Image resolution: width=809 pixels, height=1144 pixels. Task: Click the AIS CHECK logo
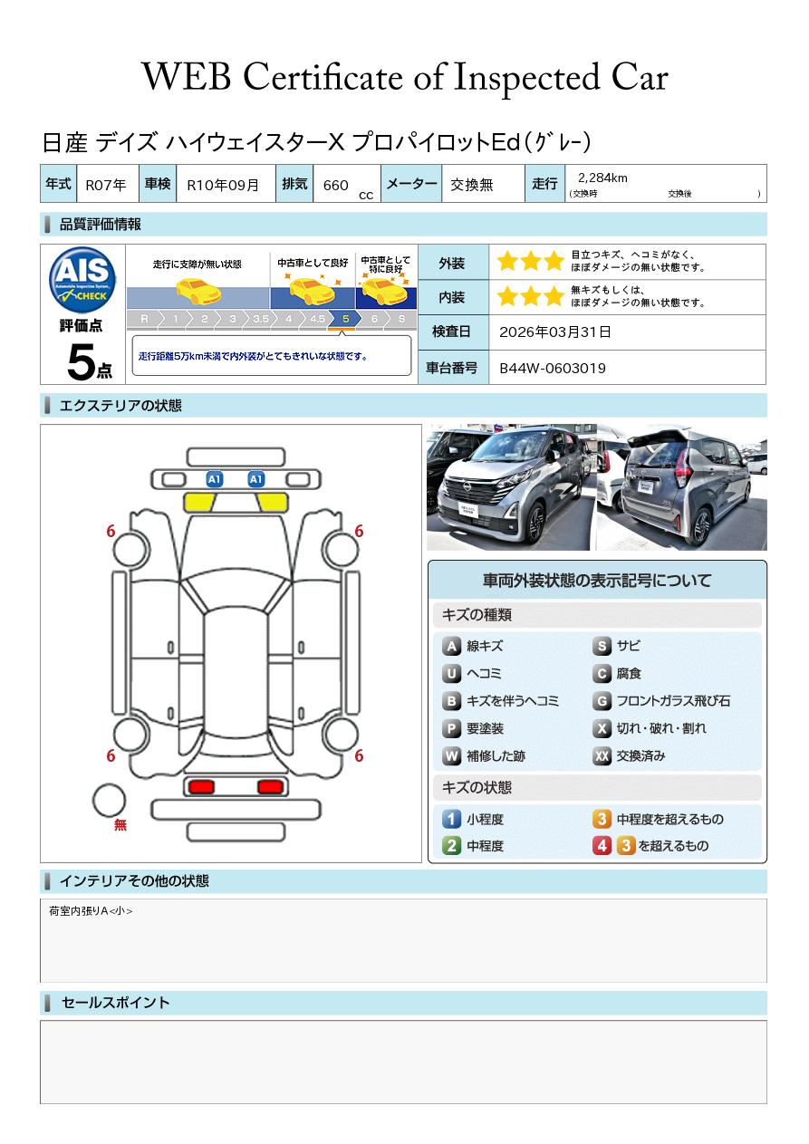[82, 280]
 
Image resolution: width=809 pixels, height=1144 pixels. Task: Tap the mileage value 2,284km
[602, 178]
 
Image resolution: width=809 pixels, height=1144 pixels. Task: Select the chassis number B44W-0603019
[552, 369]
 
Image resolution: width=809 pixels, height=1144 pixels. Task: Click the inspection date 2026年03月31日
[554, 332]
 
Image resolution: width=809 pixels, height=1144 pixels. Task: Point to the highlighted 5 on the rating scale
[346, 319]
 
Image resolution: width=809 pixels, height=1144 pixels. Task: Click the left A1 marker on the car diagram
[215, 479]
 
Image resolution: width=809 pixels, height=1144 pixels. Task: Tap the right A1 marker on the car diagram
[255, 479]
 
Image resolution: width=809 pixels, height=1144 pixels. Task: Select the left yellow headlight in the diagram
[198, 503]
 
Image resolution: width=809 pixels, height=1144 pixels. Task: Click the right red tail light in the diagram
[271, 786]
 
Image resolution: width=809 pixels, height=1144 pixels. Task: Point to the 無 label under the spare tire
[120, 824]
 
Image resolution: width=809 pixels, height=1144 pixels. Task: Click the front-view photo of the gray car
[511, 486]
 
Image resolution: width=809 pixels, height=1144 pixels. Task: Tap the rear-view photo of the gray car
[682, 486]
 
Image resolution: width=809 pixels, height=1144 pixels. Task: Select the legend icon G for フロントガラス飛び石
[602, 701]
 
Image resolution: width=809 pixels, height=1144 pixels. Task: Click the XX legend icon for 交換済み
[602, 755]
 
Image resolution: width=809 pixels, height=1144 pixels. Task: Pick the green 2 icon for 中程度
[451, 846]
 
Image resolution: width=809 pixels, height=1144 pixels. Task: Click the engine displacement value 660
[335, 185]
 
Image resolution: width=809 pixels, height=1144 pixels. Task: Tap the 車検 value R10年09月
[223, 185]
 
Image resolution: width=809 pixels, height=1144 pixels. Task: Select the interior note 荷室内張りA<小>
[91, 911]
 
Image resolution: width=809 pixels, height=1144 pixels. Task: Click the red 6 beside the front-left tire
[111, 531]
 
